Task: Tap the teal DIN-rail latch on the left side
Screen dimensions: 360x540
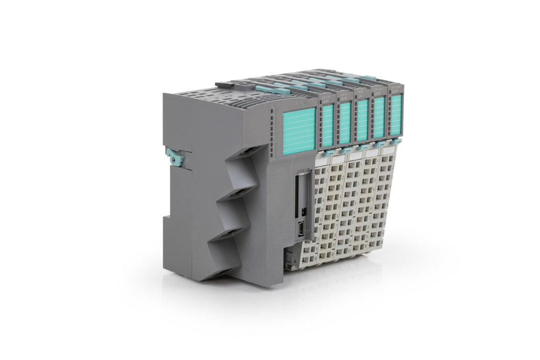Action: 175,157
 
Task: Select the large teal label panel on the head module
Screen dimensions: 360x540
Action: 299,130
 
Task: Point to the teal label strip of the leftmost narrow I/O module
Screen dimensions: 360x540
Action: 328,125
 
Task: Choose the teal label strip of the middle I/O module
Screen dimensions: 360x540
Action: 362,120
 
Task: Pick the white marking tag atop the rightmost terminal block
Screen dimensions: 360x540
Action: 389,150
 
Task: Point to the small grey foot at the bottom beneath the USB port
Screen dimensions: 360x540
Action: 288,259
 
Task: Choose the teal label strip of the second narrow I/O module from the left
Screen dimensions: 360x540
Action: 344,123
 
